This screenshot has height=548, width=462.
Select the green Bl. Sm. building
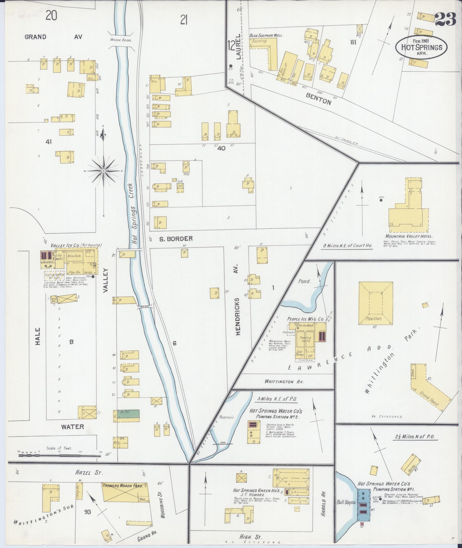tap(129, 414)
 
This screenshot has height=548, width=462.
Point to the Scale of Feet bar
tap(60, 456)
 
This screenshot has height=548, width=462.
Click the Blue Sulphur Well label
tap(266, 35)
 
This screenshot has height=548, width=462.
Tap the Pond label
tap(304, 282)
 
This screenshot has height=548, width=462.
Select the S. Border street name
tap(176, 239)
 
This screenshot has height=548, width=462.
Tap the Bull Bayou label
tap(347, 503)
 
